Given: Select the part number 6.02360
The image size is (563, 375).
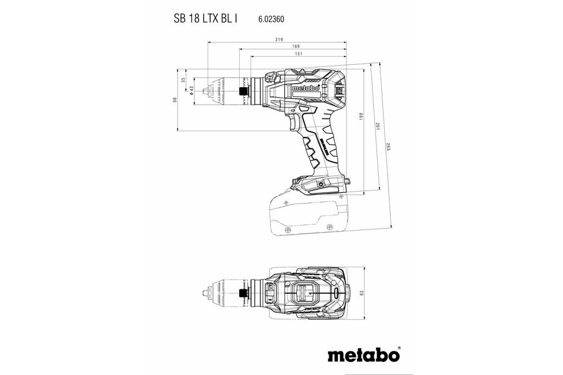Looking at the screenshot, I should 271,19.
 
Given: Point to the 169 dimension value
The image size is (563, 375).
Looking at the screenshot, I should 295,46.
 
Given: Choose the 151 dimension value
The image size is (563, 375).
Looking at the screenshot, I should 299,54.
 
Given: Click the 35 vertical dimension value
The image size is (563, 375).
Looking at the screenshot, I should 184,80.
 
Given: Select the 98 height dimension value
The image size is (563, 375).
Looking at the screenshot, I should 174,99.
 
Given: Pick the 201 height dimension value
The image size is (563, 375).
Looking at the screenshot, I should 377,127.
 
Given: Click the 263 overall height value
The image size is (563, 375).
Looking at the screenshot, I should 388,148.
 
